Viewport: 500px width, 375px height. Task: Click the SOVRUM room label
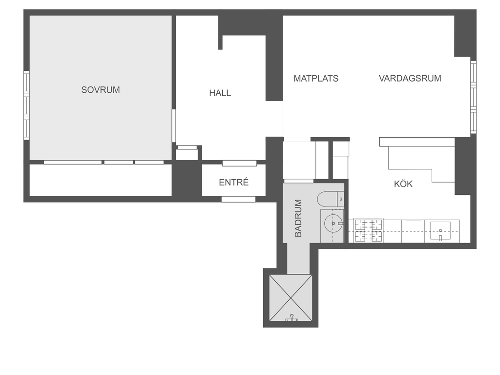click(x=101, y=90)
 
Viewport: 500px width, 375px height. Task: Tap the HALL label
click(x=220, y=93)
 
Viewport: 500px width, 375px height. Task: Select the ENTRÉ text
click(x=234, y=182)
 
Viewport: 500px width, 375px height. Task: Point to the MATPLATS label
click(x=316, y=79)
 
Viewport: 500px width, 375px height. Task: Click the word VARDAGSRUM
click(x=410, y=79)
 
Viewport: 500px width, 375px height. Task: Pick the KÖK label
click(x=403, y=184)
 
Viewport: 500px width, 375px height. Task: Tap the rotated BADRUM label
click(x=298, y=218)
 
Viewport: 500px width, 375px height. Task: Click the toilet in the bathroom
click(x=331, y=199)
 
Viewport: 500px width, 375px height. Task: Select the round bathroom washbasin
click(x=333, y=223)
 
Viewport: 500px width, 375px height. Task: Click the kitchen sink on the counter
click(x=440, y=231)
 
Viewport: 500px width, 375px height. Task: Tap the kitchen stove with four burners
click(x=368, y=230)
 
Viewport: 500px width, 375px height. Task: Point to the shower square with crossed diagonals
click(x=291, y=298)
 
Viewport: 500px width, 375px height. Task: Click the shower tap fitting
click(x=292, y=317)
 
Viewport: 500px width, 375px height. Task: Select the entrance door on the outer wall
click(x=238, y=199)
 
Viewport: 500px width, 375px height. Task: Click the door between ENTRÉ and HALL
click(x=239, y=163)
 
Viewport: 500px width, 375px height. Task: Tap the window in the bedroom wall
click(x=26, y=105)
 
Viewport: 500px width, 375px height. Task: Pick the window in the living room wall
click(x=474, y=97)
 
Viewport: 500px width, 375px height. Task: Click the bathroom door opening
click(x=299, y=181)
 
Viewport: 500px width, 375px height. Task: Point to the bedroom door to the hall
click(x=174, y=125)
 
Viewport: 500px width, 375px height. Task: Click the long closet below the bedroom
click(x=101, y=180)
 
